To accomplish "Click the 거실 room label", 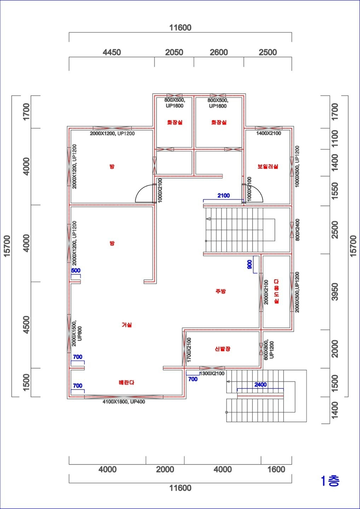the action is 127,325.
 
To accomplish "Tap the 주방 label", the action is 221,291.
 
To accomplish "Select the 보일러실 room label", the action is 268,166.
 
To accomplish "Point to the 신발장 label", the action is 222,349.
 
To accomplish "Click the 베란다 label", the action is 127,382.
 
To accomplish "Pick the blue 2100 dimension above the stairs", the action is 223,195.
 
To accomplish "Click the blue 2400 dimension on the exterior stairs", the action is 261,385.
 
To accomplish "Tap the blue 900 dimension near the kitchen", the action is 250,264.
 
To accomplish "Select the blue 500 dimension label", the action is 76,270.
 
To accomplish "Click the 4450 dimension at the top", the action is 112,52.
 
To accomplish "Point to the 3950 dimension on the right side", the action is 335,292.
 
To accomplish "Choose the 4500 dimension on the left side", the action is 27,325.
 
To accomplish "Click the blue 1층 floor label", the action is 330,481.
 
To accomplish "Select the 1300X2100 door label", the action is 212,373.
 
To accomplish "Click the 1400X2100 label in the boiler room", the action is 269,133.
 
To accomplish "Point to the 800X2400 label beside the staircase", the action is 297,230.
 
